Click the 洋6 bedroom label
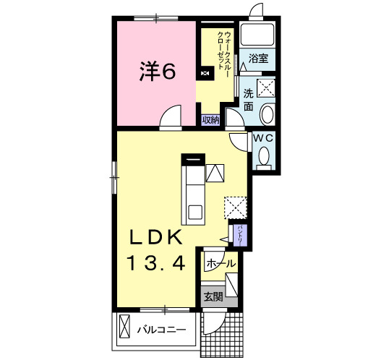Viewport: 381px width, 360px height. pos(157,71)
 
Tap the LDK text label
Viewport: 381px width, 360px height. pos(156,237)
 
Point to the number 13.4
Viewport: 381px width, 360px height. pos(156,263)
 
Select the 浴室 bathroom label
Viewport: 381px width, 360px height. pos(258,59)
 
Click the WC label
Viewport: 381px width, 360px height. pos(264,139)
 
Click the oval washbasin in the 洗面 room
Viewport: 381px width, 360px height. pos(267,114)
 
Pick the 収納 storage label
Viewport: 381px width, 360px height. pos(211,120)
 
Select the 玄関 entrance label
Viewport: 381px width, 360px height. pos(213,296)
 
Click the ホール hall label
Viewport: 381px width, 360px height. pos(221,263)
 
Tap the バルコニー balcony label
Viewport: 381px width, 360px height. pos(162,330)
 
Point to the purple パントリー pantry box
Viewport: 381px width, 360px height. pos(240,236)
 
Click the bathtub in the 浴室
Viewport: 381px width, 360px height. pos(257,34)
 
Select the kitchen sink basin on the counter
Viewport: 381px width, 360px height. pos(195,212)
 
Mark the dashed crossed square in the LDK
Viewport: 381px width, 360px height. pos(235,207)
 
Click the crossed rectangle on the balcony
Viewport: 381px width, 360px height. pos(124,326)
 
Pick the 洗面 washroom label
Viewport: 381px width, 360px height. pos(248,100)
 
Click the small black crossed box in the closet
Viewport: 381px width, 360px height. pos(205,73)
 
